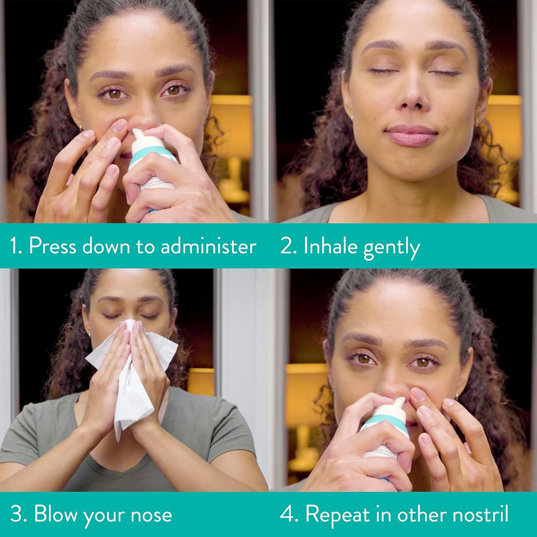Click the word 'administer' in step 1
[208, 246]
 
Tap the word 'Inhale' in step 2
[330, 246]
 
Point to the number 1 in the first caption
[13, 246]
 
